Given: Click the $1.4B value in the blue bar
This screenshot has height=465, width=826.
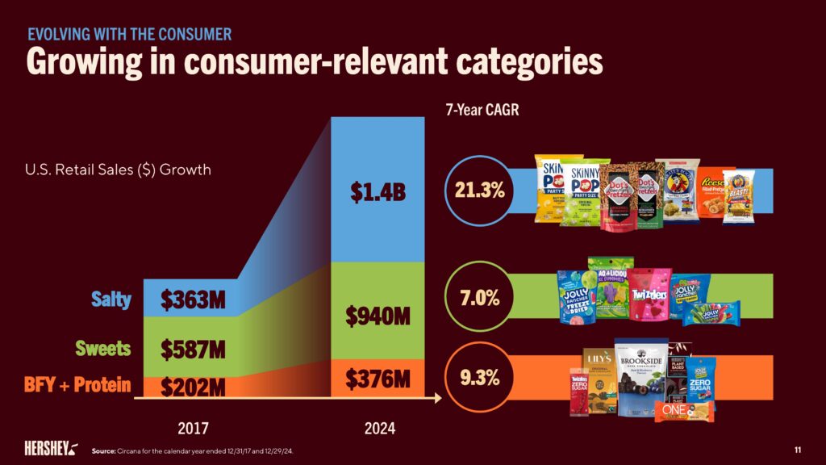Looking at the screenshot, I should point(378,192).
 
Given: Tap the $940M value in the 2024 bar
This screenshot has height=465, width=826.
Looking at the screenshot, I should point(378,315).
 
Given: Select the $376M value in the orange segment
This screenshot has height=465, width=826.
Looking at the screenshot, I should point(378,377).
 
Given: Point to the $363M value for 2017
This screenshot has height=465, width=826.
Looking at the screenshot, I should point(191,300).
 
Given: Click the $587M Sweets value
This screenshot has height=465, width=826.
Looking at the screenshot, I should point(191,350).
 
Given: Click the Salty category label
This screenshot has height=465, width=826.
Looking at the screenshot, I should point(112,300).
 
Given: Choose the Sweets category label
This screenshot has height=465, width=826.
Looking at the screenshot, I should point(103,349).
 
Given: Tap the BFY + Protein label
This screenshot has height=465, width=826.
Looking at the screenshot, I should point(79,385).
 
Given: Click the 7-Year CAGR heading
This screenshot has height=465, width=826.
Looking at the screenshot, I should point(482,110).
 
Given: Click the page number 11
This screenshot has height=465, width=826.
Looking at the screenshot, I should point(798,449).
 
